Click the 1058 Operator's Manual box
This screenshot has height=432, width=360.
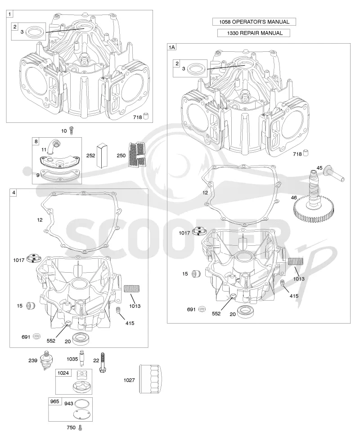[x=254, y=22]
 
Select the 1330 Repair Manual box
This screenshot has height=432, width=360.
[x=254, y=33]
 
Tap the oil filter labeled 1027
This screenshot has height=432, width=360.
[x=150, y=379]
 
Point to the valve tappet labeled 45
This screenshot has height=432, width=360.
[x=333, y=173]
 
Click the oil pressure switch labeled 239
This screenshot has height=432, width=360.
[x=46, y=360]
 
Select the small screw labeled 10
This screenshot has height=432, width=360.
[x=72, y=130]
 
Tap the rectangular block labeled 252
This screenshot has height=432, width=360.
[x=102, y=155]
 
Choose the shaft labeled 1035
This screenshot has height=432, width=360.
[x=82, y=358]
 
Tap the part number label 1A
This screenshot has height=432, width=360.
[x=171, y=47]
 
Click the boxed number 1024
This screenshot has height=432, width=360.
[x=63, y=373]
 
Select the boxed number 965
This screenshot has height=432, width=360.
[x=54, y=401]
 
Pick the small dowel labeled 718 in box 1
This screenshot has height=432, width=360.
[x=146, y=116]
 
